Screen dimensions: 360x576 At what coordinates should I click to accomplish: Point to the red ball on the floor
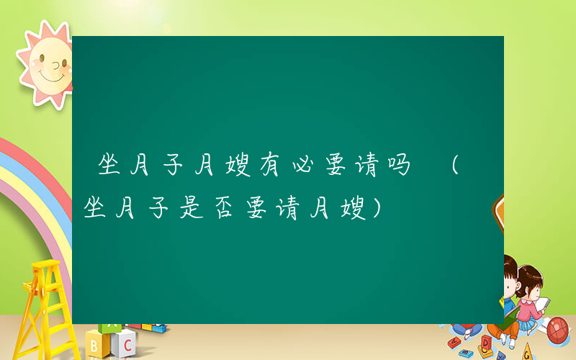pyautogui.click(x=558, y=330)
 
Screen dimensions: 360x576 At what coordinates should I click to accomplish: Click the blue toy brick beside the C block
pyautogui.click(x=153, y=328)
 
